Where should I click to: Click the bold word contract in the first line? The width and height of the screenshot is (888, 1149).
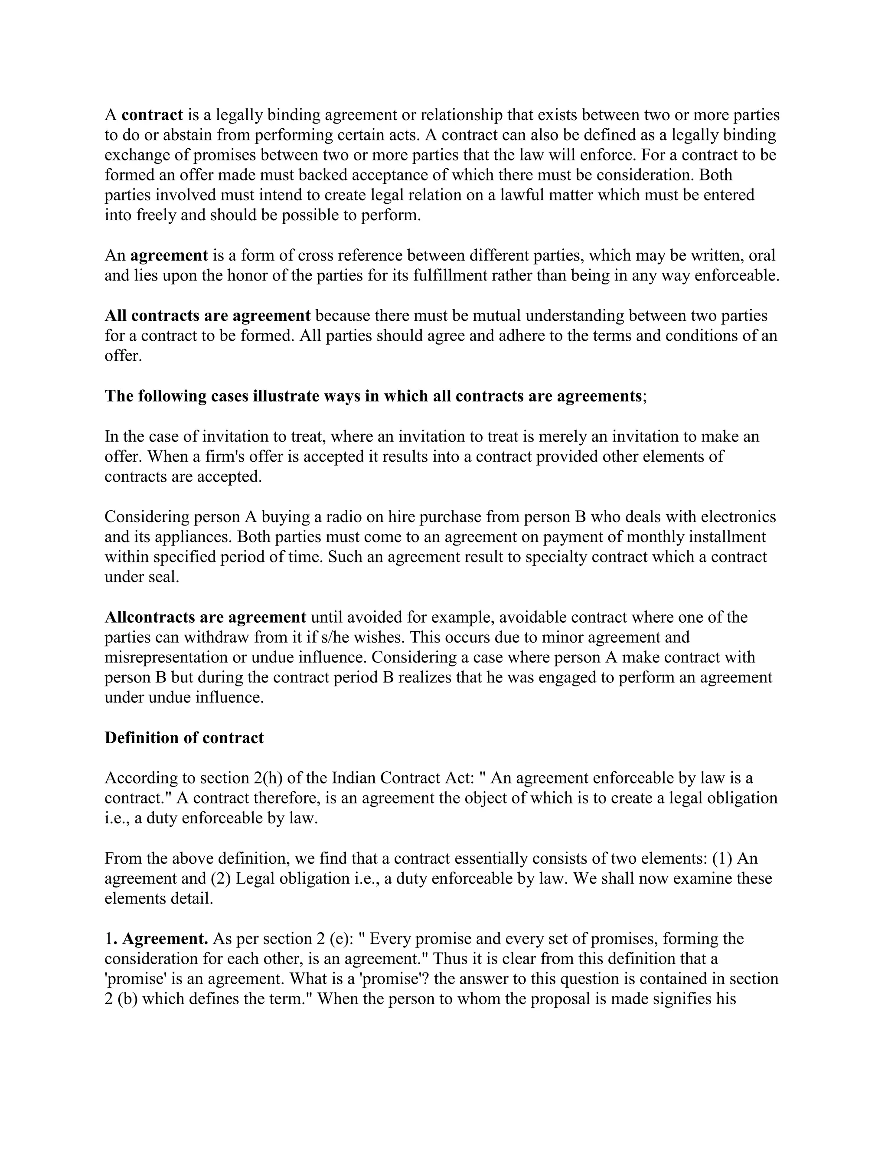[152, 115]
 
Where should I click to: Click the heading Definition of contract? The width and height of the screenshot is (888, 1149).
[184, 738]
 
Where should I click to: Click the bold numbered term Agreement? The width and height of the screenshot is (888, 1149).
[165, 939]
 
